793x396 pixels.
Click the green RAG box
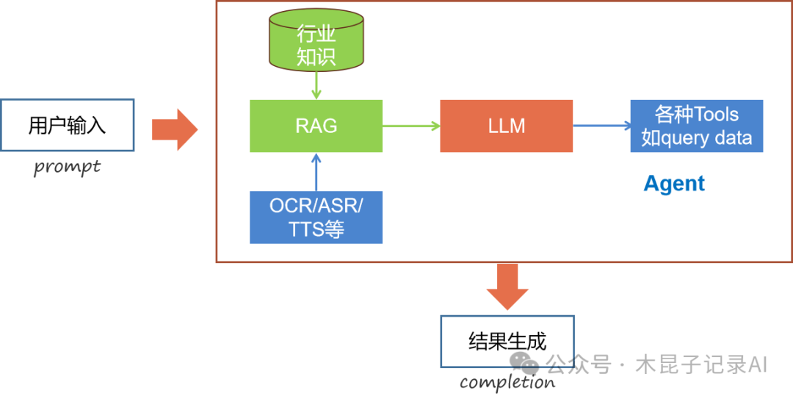[316, 126]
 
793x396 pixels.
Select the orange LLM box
[506, 126]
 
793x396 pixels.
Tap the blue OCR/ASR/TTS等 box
[316, 217]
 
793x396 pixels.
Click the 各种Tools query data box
[696, 126]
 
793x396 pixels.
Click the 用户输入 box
[68, 125]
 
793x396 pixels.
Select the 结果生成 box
[507, 341]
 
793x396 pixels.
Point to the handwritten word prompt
[67, 167]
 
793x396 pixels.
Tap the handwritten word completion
[507, 382]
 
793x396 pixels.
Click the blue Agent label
[674, 184]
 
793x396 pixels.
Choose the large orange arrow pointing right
[174, 129]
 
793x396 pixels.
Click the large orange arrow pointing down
[507, 286]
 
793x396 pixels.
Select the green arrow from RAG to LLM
[411, 126]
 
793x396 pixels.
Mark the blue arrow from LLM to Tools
[601, 126]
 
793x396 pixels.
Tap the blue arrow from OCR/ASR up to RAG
[316, 172]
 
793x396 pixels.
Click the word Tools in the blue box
[716, 115]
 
